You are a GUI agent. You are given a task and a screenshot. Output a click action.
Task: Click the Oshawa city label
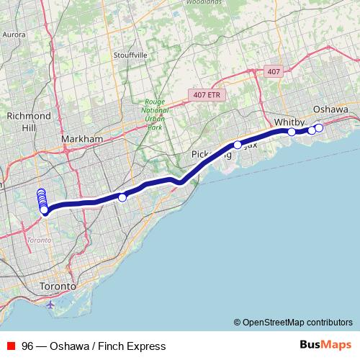click(x=330, y=109)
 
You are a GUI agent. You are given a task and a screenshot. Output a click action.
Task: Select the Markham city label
click(x=82, y=138)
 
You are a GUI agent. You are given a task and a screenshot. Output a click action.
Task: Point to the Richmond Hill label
click(x=28, y=121)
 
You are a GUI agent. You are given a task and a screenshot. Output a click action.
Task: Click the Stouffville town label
click(x=130, y=55)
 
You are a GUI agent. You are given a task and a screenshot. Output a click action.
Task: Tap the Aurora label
click(x=14, y=34)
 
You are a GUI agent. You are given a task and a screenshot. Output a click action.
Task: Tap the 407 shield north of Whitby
click(x=273, y=71)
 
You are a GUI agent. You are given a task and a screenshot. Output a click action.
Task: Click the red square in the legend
click(x=11, y=346)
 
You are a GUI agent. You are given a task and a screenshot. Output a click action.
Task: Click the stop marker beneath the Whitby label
click(x=292, y=132)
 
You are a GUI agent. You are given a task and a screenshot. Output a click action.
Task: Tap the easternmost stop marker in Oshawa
click(x=319, y=128)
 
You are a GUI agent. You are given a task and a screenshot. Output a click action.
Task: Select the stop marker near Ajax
click(x=238, y=145)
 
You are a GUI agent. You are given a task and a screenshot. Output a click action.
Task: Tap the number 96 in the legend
click(x=27, y=346)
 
